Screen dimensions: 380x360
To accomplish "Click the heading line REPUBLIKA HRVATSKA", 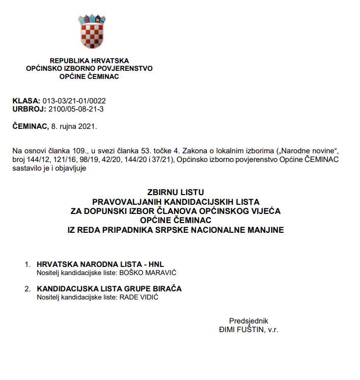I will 89,60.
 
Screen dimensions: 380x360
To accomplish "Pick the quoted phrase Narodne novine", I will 310,151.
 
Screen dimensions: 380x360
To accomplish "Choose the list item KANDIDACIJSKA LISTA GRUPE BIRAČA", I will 109,289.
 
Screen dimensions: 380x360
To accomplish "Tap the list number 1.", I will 27,264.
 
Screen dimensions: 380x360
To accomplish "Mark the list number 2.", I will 27,289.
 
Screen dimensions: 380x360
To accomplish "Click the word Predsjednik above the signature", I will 248,321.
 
